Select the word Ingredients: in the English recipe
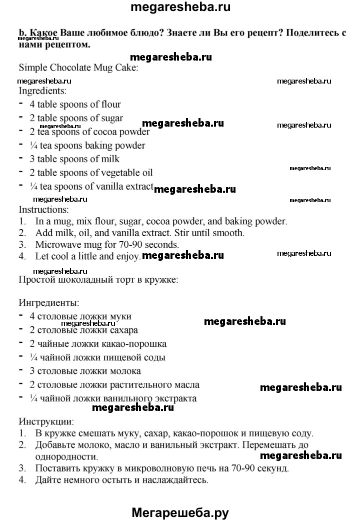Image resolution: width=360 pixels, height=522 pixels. pos(42,91)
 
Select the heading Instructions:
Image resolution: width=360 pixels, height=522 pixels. pos(43,209)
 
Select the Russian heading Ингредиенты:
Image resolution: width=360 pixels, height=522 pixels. pos(48,303)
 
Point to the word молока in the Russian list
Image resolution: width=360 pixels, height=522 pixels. pos(126,371)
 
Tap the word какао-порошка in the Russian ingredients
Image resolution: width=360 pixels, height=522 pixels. pos(135,344)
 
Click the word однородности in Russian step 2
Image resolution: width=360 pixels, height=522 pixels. pos(66,456)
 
